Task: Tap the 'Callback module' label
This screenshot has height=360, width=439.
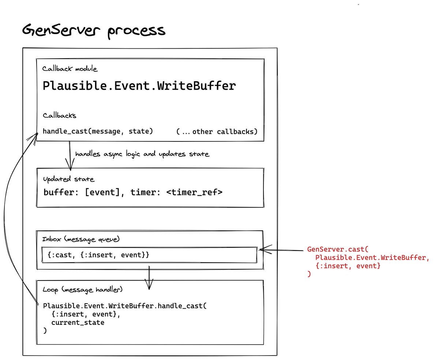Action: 70,69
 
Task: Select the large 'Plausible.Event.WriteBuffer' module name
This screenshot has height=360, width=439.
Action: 139,86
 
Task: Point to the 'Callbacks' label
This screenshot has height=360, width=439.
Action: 59,115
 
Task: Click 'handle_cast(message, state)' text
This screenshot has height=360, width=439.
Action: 98,131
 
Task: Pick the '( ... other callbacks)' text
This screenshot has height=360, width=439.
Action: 217,131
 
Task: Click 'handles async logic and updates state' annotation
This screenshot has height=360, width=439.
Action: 142,154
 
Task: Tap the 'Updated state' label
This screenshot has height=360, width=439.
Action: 68,179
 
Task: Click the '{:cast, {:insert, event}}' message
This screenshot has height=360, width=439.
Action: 98,255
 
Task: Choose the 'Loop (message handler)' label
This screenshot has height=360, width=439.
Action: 82,289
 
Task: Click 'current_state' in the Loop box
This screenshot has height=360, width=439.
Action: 78,323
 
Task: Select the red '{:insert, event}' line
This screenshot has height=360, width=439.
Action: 348,266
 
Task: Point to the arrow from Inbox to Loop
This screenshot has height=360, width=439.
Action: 149,278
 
